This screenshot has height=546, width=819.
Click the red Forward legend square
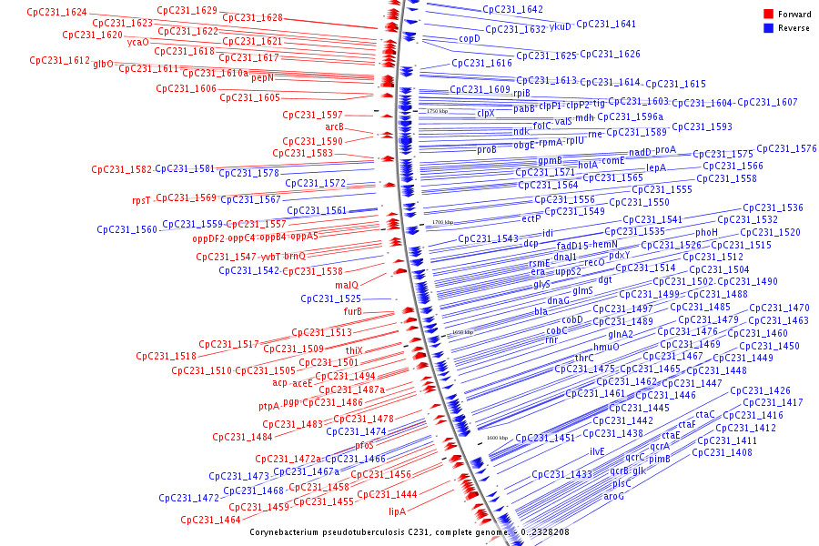pyautogui.click(x=769, y=14)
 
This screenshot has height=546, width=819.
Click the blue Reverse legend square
pyautogui.click(x=769, y=27)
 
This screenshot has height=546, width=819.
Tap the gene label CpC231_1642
pyautogui.click(x=512, y=9)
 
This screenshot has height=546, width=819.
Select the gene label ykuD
pyautogui.click(x=561, y=26)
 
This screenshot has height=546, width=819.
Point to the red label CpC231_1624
pyautogui.click(x=56, y=13)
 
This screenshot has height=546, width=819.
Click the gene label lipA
pyautogui.click(x=397, y=511)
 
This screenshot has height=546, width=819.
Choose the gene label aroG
pyautogui.click(x=614, y=496)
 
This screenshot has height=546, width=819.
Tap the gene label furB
pyautogui.click(x=353, y=311)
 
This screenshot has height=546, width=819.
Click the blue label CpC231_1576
pyautogui.click(x=786, y=148)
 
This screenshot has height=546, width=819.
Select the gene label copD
pyautogui.click(x=470, y=39)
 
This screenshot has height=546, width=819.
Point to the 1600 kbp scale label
pyautogui.click(x=497, y=438)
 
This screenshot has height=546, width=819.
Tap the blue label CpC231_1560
pyautogui.click(x=126, y=229)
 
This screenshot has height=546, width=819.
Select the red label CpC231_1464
pyautogui.click(x=210, y=520)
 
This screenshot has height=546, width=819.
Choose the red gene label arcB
pyautogui.click(x=335, y=126)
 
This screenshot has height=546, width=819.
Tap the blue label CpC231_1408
pyautogui.click(x=724, y=452)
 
